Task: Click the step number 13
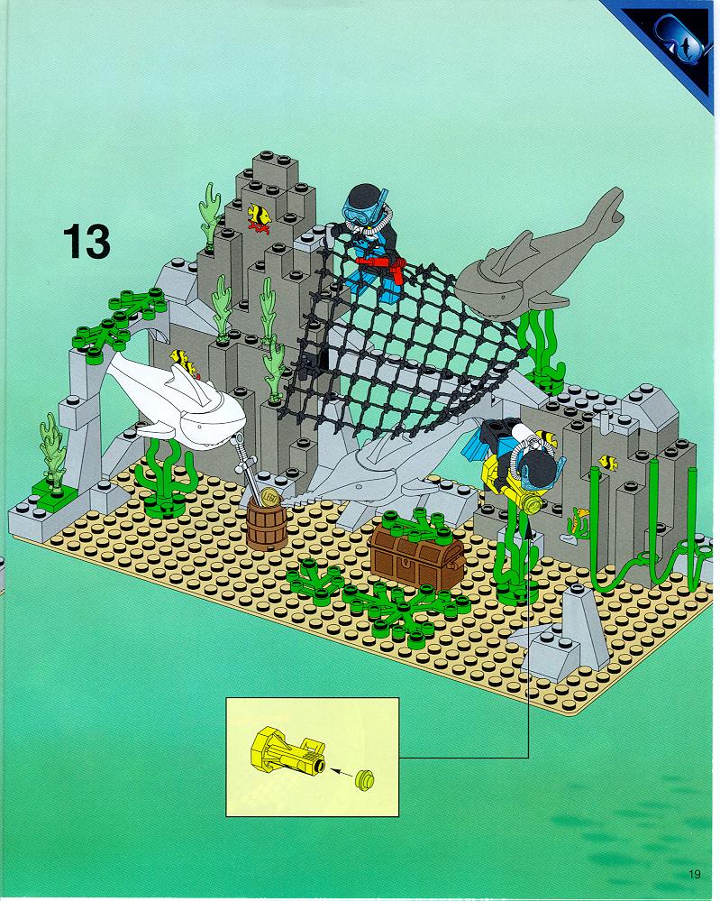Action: point(87,242)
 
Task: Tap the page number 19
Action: point(694,874)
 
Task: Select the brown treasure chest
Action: point(417,555)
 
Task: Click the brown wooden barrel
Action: point(267,523)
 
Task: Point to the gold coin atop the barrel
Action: point(270,496)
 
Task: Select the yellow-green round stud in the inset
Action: point(364,779)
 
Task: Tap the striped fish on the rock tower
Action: point(260,216)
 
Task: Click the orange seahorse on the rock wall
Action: point(579,521)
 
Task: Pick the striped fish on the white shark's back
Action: point(183,360)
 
